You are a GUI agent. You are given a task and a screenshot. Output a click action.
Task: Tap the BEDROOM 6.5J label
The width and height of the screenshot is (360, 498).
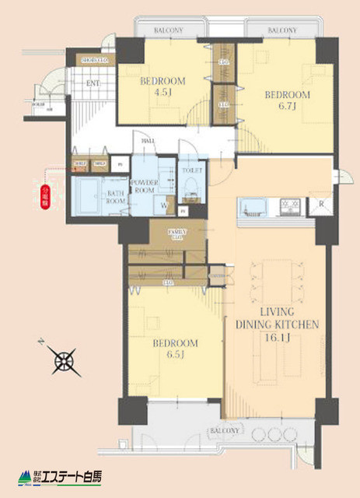pos(175,349)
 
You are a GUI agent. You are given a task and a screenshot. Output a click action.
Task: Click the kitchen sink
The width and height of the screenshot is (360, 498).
pos(253,207)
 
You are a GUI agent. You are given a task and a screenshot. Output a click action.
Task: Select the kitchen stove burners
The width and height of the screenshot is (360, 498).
pos(291,207)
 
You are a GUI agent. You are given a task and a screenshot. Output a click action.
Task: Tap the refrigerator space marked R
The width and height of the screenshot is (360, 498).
pos(320,206)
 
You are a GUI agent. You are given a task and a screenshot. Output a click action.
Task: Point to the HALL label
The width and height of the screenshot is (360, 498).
pos(149,141)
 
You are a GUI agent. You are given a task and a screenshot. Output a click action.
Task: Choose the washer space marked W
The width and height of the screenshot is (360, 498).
pos(164,205)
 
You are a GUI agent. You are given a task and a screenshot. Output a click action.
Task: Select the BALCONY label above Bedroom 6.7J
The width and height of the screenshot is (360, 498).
pos(281,30)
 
